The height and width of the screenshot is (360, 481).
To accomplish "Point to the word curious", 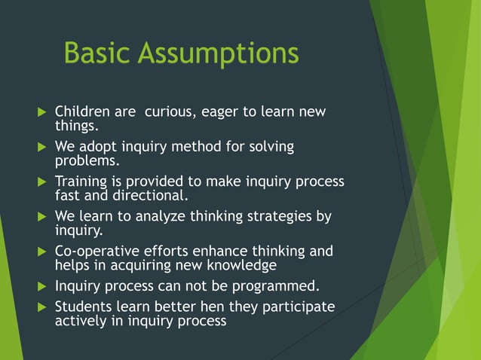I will click(x=170, y=112).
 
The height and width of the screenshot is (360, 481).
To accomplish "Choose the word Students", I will click(x=82, y=307).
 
